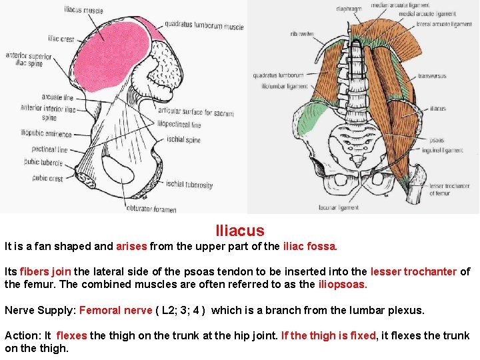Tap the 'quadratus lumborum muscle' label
click(x=205, y=27)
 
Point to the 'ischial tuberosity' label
click(x=189, y=185)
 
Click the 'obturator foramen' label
click(x=151, y=209)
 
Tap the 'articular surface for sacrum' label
click(x=195, y=113)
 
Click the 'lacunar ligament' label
click(x=357, y=207)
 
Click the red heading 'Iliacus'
click(x=240, y=231)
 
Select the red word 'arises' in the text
click(x=131, y=247)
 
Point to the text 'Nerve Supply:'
click(x=40, y=310)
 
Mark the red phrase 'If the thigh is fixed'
click(x=329, y=335)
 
